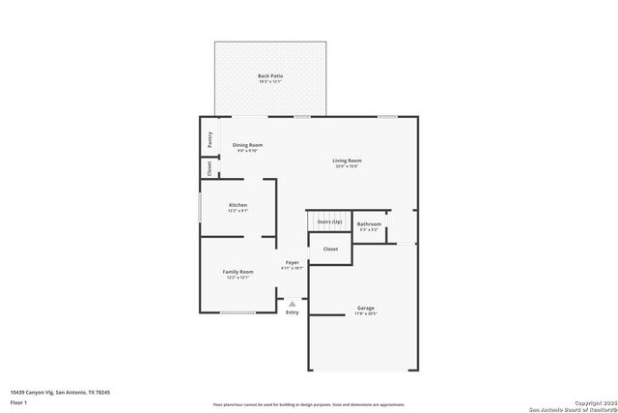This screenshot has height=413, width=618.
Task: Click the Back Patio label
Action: tap(270, 75)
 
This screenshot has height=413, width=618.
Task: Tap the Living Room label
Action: tap(348, 161)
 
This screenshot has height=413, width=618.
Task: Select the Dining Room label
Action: tap(247, 145)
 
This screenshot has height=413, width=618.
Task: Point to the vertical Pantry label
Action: tap(210, 139)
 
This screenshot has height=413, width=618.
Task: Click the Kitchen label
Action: tap(238, 205)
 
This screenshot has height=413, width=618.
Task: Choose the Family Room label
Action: tap(238, 272)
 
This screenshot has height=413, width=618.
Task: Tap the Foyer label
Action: tap(292, 262)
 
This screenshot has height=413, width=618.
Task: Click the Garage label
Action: tap(366, 309)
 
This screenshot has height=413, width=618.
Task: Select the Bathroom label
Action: tap(370, 224)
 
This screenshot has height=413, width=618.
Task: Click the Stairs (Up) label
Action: tap(330, 221)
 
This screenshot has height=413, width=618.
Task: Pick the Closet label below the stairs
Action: tap(330, 249)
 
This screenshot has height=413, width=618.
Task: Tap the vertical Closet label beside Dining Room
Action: tap(210, 167)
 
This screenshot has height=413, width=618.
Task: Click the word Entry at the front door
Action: tap(292, 311)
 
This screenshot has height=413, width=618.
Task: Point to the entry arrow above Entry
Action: tap(292, 303)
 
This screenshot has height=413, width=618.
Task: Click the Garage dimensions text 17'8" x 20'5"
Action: tap(366, 314)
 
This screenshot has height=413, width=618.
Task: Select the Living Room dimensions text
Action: tap(348, 166)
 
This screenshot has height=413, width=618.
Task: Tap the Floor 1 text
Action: tap(19, 401)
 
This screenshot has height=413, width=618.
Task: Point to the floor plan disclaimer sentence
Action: tap(309, 405)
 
